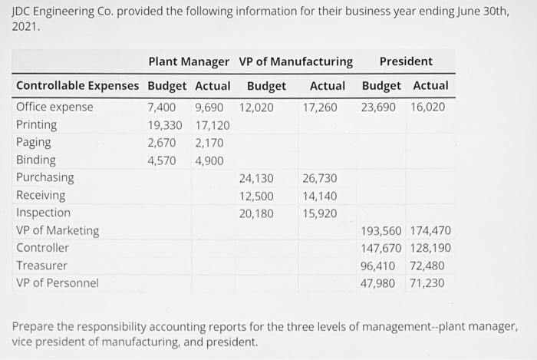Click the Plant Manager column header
tap(188, 61)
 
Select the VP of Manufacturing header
tap(296, 61)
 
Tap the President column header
tap(406, 61)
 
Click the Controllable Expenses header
tap(77, 85)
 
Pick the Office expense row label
tap(54, 107)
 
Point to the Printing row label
tap(36, 124)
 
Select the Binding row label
tap(35, 160)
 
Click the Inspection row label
tap(43, 213)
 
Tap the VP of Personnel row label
tap(58, 282)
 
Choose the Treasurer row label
tap(41, 266)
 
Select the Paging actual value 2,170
tap(209, 142)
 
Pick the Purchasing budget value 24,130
tap(256, 177)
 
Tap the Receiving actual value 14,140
tap(319, 195)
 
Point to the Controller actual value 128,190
tap(430, 248)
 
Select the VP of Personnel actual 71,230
tap(427, 282)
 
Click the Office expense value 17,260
tap(319, 107)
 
